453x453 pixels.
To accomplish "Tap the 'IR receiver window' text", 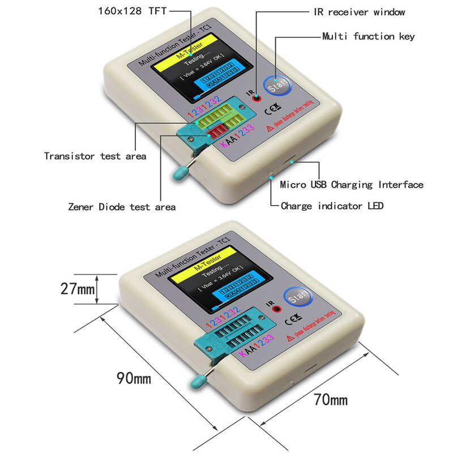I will coord(359,12).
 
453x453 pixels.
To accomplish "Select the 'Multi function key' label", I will coord(368,36).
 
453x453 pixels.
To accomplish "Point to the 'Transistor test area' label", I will coord(95,156).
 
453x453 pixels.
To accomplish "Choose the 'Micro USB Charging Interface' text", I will coord(352,185).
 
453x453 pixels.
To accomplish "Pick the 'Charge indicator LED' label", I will coord(332,206).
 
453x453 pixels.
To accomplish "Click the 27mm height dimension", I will coord(77,289).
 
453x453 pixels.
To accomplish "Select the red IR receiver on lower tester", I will coord(277,309).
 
